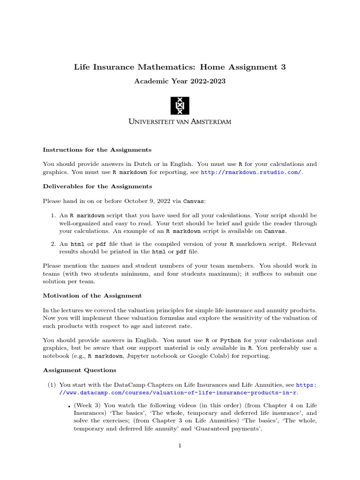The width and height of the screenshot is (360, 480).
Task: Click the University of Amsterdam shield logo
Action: [180, 105]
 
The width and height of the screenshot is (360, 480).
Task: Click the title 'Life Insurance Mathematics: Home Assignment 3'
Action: [180, 67]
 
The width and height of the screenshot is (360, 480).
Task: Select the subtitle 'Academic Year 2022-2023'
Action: [180, 82]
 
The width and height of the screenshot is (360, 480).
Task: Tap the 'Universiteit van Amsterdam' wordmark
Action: [180, 122]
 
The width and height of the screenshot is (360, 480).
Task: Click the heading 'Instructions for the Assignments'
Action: [97, 150]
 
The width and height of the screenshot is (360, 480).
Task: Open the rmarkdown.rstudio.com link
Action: [251, 172]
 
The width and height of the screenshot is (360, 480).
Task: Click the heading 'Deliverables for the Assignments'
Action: [97, 187]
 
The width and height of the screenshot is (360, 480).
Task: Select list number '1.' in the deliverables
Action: [53, 216]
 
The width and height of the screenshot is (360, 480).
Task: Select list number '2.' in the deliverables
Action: [53, 244]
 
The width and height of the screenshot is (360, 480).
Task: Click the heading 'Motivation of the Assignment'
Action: [92, 296]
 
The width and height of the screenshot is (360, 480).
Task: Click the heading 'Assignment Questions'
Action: [80, 370]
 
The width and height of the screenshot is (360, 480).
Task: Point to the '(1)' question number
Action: [51, 385]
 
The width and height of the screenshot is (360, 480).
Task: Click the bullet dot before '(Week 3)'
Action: [69, 406]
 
